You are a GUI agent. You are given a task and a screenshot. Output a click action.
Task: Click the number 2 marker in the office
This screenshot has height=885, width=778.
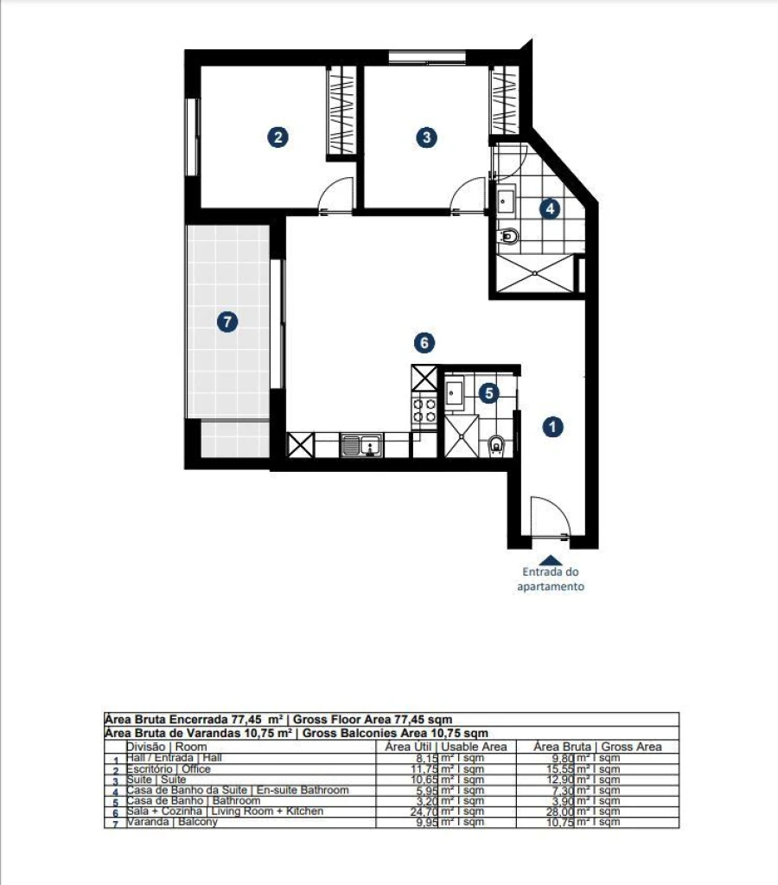coord(277,137)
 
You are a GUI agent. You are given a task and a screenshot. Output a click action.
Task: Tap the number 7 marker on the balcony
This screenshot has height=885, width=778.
coord(226,322)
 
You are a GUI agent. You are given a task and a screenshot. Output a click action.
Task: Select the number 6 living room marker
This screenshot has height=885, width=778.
coord(423,343)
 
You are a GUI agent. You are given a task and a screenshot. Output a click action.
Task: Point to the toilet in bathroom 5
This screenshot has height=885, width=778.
coord(496,445)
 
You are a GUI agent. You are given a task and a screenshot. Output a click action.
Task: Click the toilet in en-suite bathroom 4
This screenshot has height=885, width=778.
coord(509,236)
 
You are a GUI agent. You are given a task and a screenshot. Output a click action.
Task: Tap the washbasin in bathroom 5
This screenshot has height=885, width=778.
coord(455,393)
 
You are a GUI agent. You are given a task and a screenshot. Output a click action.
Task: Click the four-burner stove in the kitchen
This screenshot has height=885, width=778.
coord(424,410)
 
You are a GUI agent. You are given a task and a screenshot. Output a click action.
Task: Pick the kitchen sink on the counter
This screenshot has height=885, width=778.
coord(362,446)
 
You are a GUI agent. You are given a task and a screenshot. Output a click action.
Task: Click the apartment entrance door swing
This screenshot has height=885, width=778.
coord(548,518)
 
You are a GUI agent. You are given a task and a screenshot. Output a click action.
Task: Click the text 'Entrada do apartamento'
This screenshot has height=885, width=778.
coord(552,579)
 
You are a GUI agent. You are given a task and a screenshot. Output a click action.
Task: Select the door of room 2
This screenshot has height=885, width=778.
coord(335,195)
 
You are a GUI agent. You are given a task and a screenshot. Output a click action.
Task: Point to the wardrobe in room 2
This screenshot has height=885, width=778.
coord(341,111)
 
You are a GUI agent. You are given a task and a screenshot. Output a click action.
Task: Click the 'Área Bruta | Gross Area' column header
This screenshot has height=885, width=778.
coord(597,747)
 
